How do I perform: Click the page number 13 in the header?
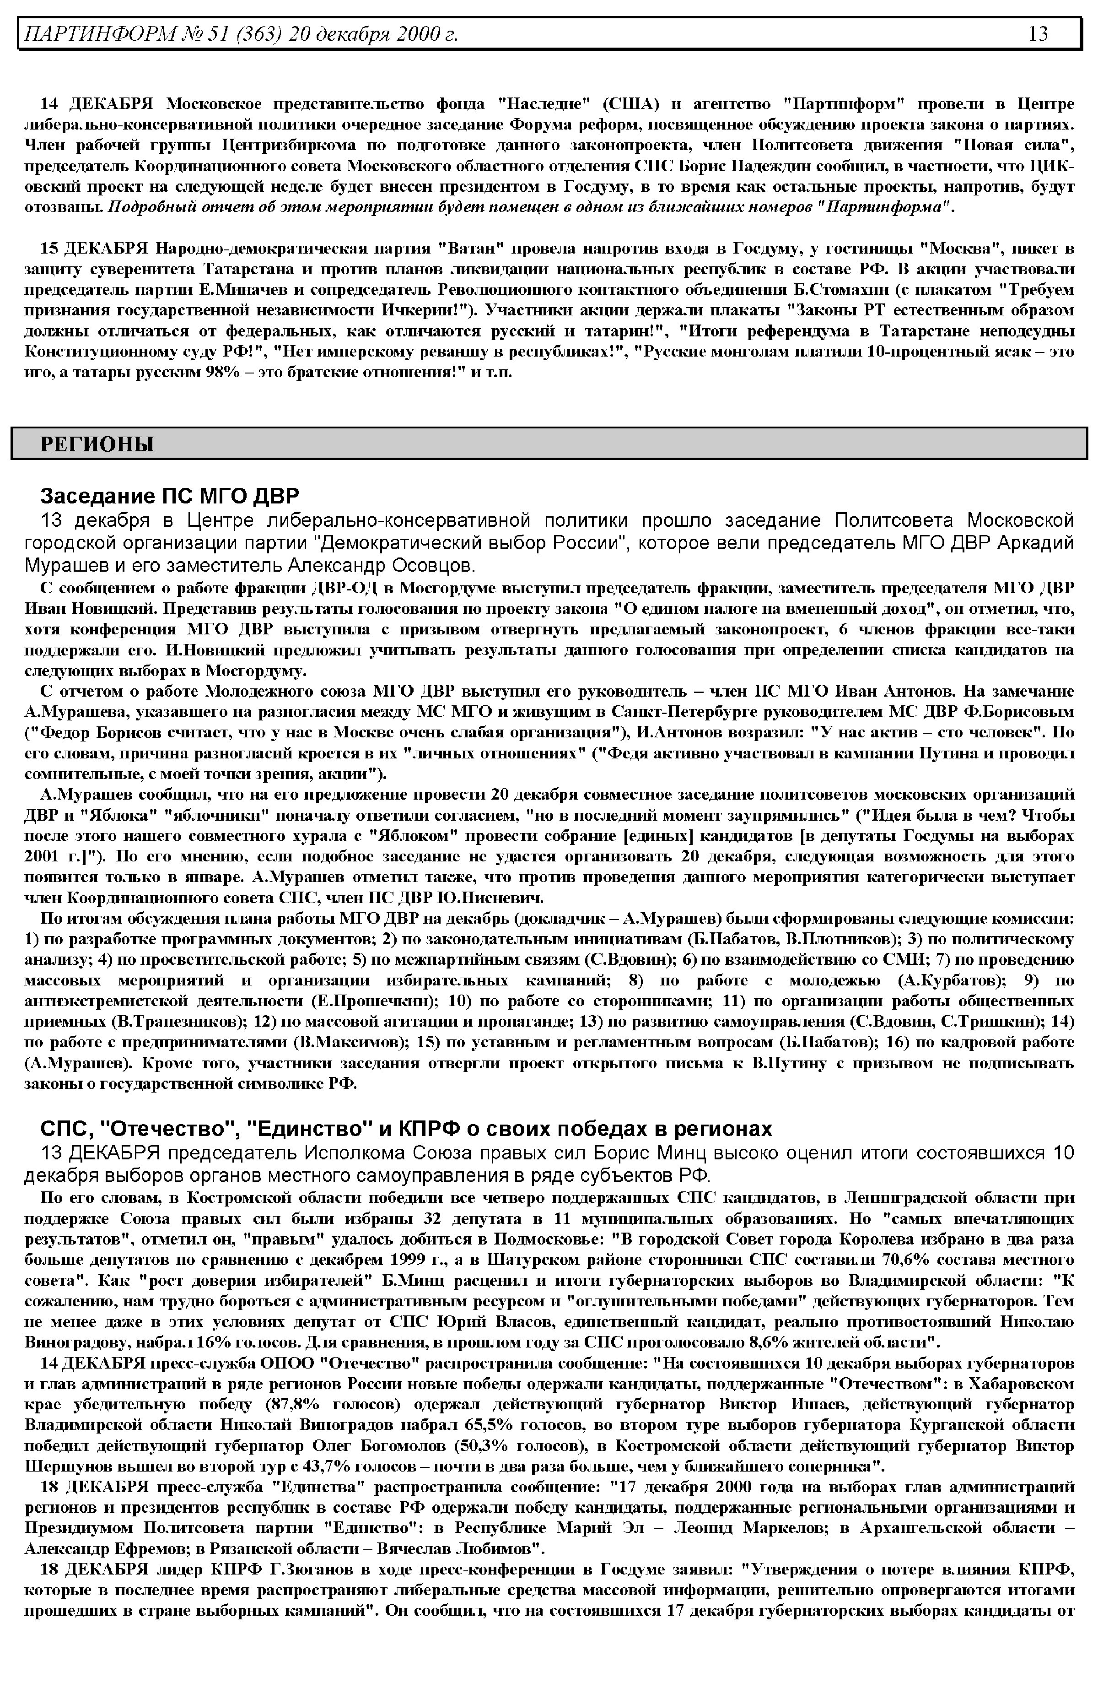(x=1038, y=33)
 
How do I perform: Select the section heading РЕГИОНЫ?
(x=97, y=444)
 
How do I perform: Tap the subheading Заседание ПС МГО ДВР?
(x=170, y=495)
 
